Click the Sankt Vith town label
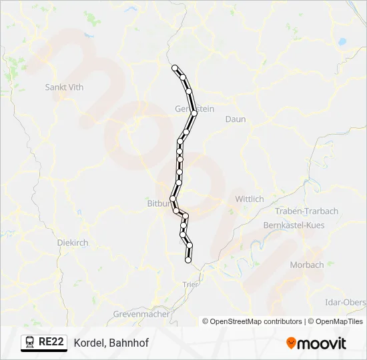[x=63, y=87]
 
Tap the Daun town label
[x=236, y=119]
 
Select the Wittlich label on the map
[x=250, y=199]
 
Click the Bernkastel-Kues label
[x=294, y=225]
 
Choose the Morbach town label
[x=307, y=265]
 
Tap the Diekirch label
[x=73, y=243]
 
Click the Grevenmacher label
[x=141, y=313]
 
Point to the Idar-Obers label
[x=344, y=302]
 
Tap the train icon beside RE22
[x=30, y=343]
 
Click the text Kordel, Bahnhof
[x=111, y=343]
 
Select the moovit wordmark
[x=322, y=343]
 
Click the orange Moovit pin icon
[x=291, y=343]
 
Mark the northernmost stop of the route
[x=175, y=68]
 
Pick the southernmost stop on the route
[x=188, y=260]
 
